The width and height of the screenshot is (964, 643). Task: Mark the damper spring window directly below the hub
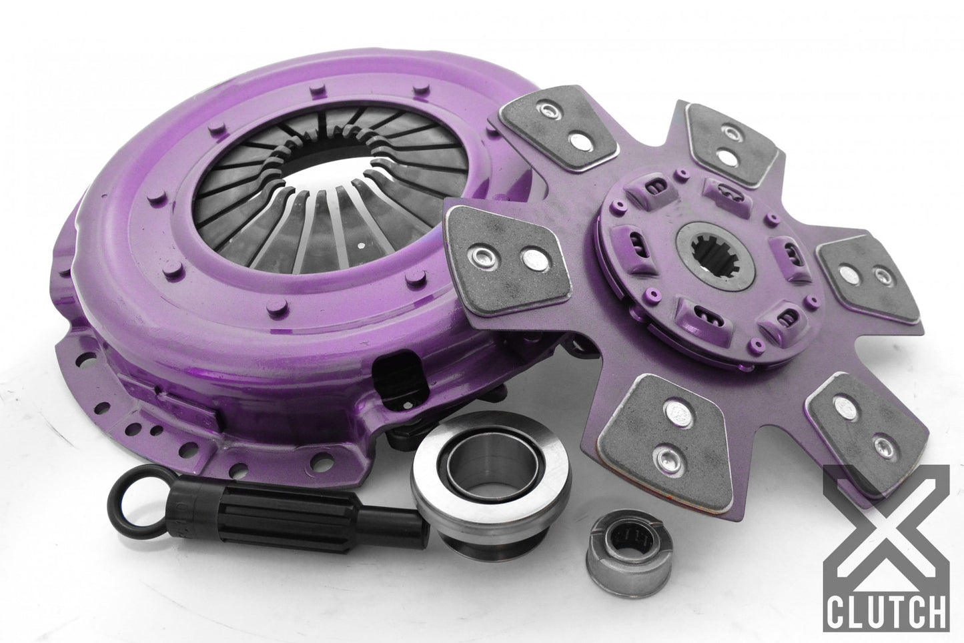pos(694,307)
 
